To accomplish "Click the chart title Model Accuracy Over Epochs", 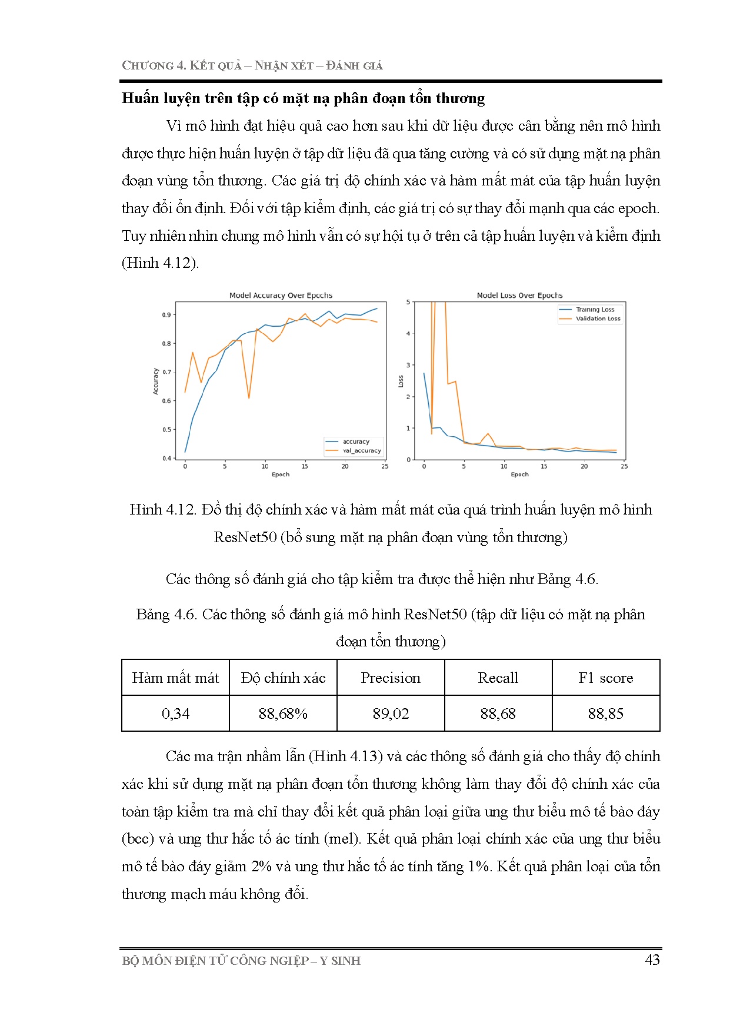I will [x=281, y=296].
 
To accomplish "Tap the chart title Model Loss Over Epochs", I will [x=519, y=296].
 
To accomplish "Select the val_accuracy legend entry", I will [x=362, y=451].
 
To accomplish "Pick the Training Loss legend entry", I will [x=595, y=310].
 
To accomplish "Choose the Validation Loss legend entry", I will [x=598, y=318].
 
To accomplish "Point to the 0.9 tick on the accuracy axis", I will [x=166, y=315].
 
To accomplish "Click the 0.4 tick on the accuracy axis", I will [x=166, y=458].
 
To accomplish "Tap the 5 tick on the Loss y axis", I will [x=408, y=302].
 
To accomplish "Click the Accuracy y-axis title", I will [x=156, y=381].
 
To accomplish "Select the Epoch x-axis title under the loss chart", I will [x=519, y=474].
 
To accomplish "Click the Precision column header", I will [x=391, y=678].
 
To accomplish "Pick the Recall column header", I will [x=498, y=678].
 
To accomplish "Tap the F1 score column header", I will [x=605, y=678].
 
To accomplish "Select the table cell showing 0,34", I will [x=175, y=714].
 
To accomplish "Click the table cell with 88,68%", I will [x=283, y=714].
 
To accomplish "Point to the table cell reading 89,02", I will [x=391, y=714].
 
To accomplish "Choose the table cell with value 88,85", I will [x=605, y=714].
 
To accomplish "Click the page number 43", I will [x=652, y=960].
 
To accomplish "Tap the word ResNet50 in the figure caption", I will [x=245, y=537].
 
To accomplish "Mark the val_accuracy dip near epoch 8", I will [x=249, y=398].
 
